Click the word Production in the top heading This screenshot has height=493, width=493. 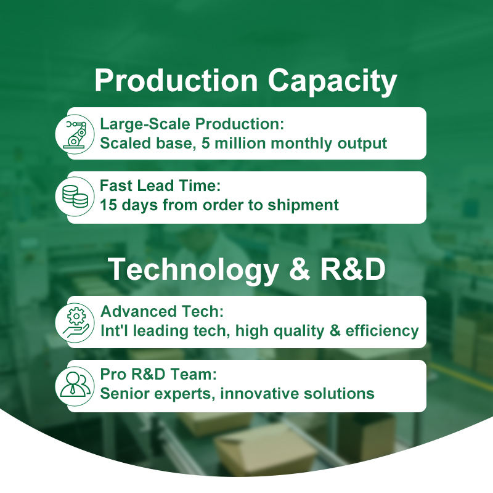tap(176, 80)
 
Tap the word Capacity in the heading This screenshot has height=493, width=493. tap(332, 83)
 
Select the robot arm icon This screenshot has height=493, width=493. tap(75, 134)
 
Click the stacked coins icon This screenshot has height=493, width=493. tap(75, 197)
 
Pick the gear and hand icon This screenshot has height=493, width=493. tap(76, 322)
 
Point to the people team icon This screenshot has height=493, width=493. tap(75, 384)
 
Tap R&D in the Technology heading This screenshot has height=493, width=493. tap(352, 269)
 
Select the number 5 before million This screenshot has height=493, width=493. tap(205, 143)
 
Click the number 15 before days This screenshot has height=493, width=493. tap(108, 205)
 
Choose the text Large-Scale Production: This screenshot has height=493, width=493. tap(192, 124)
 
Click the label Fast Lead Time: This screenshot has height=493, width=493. tap(160, 185)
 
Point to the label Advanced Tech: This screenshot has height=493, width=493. tap(162, 312)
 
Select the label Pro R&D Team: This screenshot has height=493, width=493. tap(158, 374)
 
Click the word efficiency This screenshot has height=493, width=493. tap(382, 331)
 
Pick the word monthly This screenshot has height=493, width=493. tap(301, 144)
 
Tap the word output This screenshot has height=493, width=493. tap(362, 144)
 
